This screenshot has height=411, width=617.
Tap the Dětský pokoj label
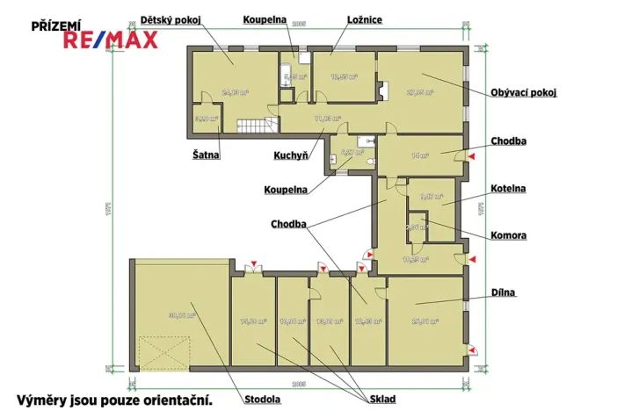(170, 18)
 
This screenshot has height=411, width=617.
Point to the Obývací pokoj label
(524, 92)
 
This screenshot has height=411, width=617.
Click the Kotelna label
(508, 189)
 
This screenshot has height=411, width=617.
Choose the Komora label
(509, 235)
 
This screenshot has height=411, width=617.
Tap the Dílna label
(504, 292)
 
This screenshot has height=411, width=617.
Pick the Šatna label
(206, 155)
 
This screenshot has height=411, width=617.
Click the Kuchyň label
(290, 155)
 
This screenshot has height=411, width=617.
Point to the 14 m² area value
(420, 155)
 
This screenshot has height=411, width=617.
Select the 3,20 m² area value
(205, 118)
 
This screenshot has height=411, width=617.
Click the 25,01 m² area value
(425, 321)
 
